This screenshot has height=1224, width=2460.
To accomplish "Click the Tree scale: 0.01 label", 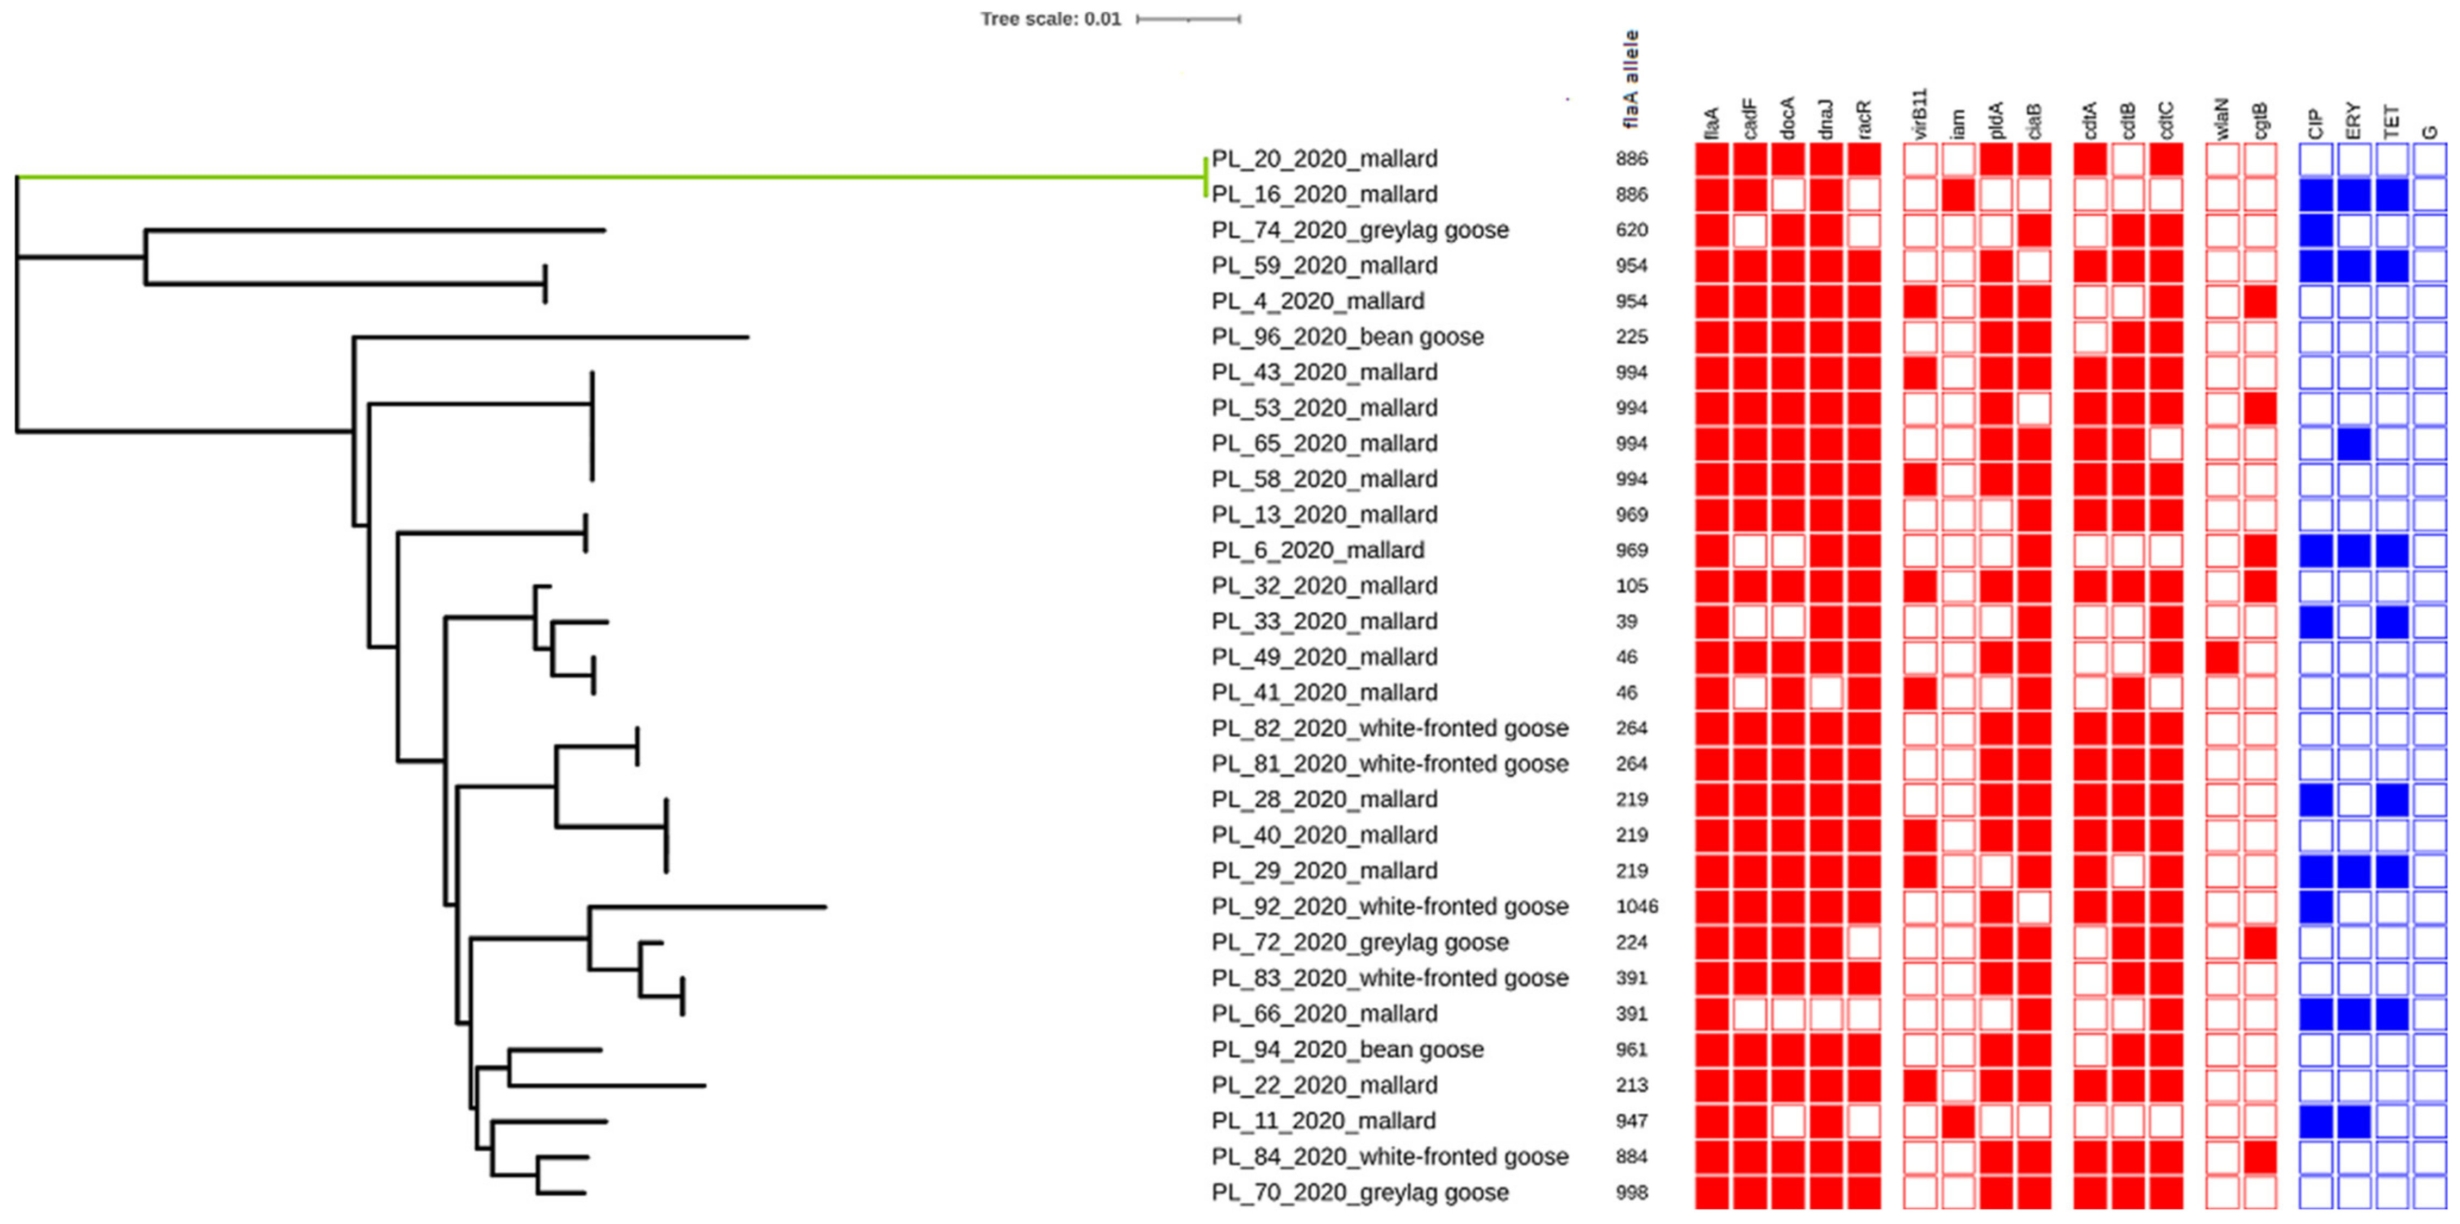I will [1051, 19].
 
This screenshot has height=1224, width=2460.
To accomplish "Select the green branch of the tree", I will [611, 177].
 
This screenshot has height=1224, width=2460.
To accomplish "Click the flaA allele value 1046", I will [1637, 906].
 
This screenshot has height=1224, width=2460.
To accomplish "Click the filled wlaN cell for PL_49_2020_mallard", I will [2223, 657].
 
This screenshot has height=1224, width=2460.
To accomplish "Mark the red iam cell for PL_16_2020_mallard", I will [1958, 195].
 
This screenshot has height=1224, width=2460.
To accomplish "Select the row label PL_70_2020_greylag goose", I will [1360, 1192].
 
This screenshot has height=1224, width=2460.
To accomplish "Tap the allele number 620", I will [1632, 230].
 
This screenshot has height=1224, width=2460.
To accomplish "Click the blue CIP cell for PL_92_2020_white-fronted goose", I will [2316, 906].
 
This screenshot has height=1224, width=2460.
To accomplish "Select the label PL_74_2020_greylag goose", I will [1360, 230].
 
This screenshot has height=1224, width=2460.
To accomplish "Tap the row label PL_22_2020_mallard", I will [1323, 1085].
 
